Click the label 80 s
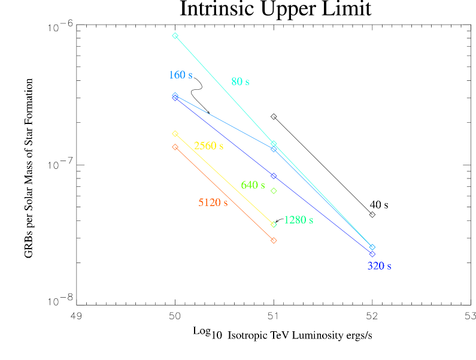tap(240, 81)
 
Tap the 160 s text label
tap(180, 75)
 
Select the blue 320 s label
tap(379, 266)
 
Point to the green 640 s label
tap(253, 185)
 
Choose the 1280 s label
tap(298, 220)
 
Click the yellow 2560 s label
tap(208, 146)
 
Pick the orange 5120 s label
tap(213, 202)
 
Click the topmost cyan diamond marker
tap(175, 36)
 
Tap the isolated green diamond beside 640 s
tap(274, 191)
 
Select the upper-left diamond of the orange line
tap(175, 147)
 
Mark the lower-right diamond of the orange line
tap(274, 241)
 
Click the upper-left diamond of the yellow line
tap(175, 134)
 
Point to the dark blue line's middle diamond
tap(274, 176)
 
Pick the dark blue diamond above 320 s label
tap(372, 254)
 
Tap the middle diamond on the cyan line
tap(274, 144)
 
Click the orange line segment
tap(225, 194)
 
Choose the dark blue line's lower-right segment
tap(323, 216)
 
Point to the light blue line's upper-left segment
tap(225, 122)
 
